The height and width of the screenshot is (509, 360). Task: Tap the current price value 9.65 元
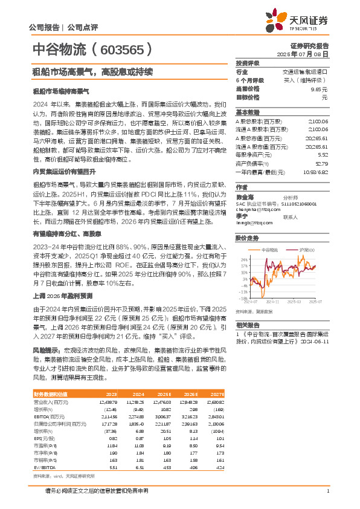tap(318, 88)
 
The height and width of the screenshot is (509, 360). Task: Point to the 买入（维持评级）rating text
tap(306, 80)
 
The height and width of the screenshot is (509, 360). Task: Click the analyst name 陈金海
tap(244, 196)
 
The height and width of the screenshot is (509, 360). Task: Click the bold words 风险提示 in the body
tap(46, 349)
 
